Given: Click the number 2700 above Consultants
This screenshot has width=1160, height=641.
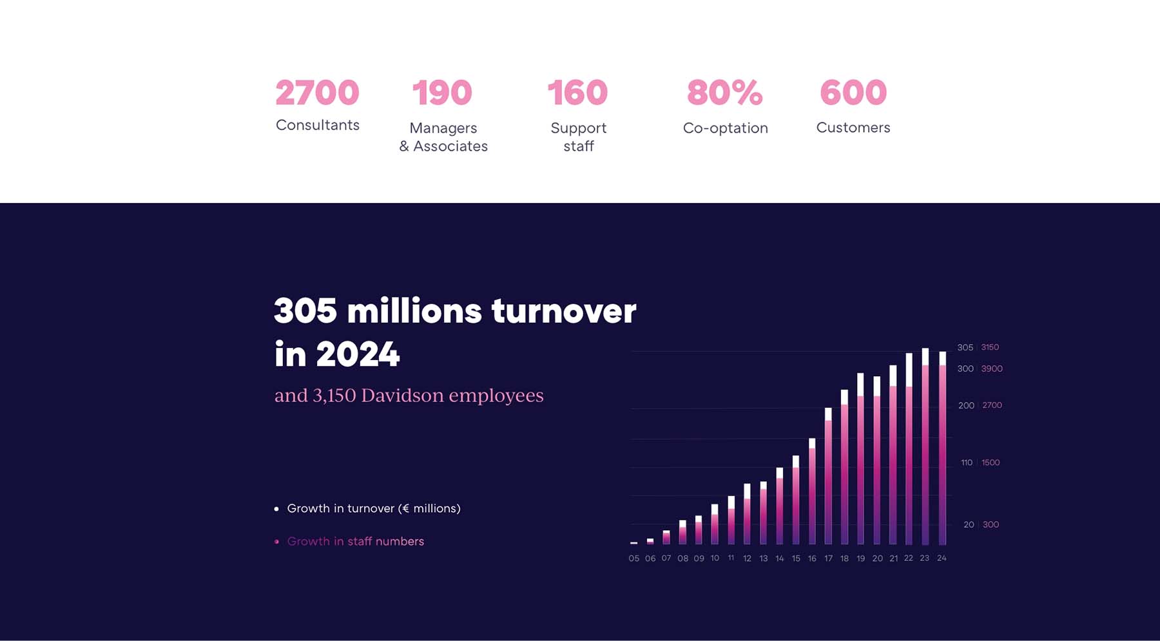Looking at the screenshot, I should (x=317, y=93).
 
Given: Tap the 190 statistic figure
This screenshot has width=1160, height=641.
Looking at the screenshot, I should (x=442, y=93).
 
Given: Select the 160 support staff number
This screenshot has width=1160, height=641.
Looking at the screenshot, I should (x=577, y=93).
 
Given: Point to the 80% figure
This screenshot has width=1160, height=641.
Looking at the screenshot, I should (x=724, y=93).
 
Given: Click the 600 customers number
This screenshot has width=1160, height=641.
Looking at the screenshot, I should (x=853, y=93).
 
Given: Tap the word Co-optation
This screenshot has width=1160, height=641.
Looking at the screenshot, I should (x=725, y=128).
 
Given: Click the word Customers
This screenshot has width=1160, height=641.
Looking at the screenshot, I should (x=853, y=128).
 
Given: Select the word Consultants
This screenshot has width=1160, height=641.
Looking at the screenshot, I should (x=317, y=125).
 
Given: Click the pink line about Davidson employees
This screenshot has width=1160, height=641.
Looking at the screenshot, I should (x=409, y=395).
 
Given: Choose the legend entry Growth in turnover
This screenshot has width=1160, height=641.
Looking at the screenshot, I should (x=373, y=508).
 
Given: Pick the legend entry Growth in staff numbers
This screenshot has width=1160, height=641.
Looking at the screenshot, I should (x=355, y=541).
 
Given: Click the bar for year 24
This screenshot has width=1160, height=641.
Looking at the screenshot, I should (x=942, y=451).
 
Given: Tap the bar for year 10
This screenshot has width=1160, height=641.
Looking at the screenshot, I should (x=715, y=526).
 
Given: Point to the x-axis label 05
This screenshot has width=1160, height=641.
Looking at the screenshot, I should (x=634, y=559).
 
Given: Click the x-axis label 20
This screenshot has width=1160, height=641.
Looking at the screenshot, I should (x=877, y=559).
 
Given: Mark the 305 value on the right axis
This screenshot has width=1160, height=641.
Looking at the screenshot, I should (x=965, y=347).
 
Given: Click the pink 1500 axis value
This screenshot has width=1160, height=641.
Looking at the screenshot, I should (x=991, y=463).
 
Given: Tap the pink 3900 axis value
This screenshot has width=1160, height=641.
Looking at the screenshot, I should (x=992, y=368).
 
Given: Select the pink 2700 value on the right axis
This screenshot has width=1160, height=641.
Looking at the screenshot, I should (x=992, y=405).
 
